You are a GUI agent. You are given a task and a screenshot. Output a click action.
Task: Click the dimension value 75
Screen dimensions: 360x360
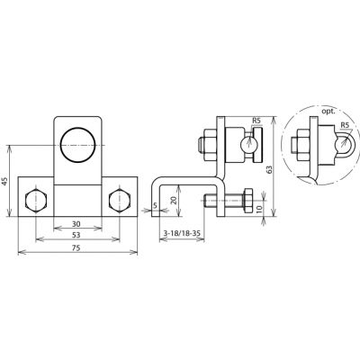tap(77, 247)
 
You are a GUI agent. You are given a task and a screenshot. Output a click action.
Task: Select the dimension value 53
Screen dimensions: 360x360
tap(77, 235)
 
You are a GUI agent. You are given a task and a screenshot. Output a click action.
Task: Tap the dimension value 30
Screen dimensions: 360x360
tap(77, 223)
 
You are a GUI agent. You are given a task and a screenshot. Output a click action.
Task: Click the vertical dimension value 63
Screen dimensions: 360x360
tap(269, 170)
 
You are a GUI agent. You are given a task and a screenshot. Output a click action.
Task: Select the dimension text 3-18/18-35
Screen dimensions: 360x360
tap(182, 233)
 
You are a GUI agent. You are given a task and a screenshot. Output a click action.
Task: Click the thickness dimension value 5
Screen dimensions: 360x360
tap(155, 205)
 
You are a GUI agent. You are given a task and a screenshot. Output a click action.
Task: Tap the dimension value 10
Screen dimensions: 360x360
tap(259, 208)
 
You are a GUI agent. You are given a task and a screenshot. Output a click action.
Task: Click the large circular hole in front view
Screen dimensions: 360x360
tap(77, 146)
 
